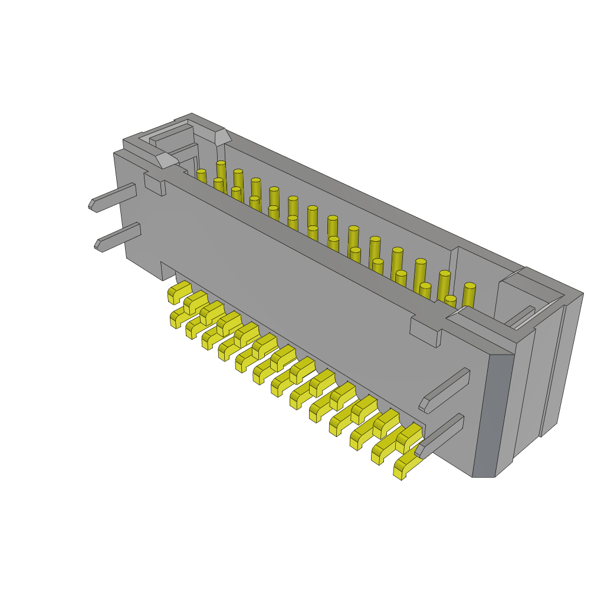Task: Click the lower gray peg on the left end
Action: (119, 237)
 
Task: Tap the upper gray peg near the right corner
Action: (446, 390)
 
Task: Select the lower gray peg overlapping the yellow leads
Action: (440, 435)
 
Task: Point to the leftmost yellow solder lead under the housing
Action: (179, 291)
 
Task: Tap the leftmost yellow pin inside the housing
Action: (201, 176)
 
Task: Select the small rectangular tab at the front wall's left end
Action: (154, 184)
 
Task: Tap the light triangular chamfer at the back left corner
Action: (222, 137)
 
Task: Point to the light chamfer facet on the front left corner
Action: (166, 160)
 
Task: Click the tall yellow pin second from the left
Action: (221, 171)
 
